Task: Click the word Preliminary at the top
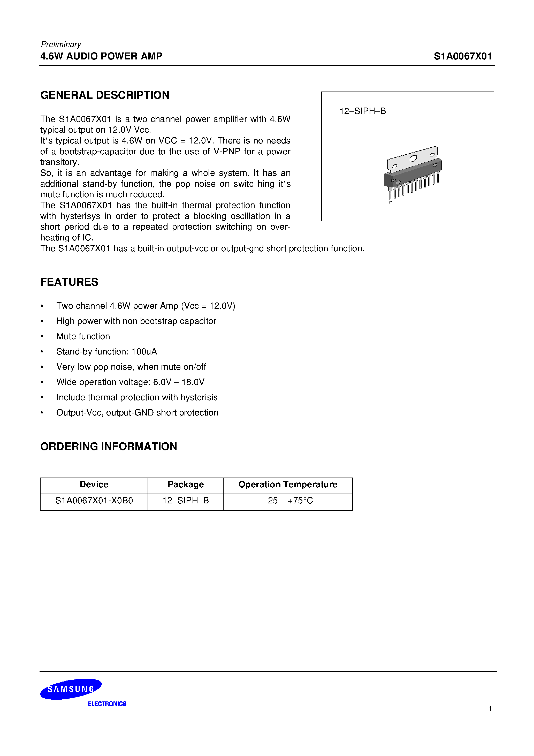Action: tap(61, 44)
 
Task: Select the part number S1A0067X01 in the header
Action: tap(463, 56)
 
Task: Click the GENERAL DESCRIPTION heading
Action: tap(105, 95)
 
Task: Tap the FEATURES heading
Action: tap(69, 282)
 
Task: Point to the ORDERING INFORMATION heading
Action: tap(109, 447)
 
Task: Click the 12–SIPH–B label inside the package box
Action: tap(362, 111)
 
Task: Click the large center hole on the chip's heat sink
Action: tap(413, 158)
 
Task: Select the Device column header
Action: tap(94, 484)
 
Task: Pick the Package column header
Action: tap(185, 484)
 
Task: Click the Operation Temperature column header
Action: tap(288, 484)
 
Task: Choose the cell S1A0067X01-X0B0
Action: tap(94, 501)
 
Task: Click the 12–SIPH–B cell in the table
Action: tap(185, 501)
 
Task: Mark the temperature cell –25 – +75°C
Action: tap(288, 501)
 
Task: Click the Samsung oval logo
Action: tap(71, 689)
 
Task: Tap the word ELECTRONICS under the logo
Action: tap(107, 704)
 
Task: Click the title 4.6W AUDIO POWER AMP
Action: tap(101, 56)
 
